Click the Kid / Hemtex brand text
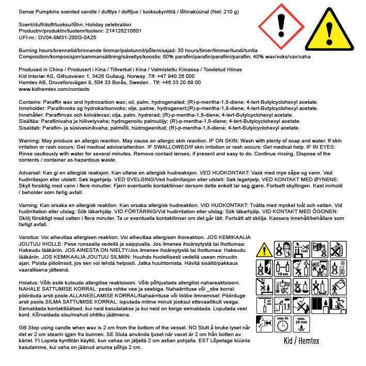300,341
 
